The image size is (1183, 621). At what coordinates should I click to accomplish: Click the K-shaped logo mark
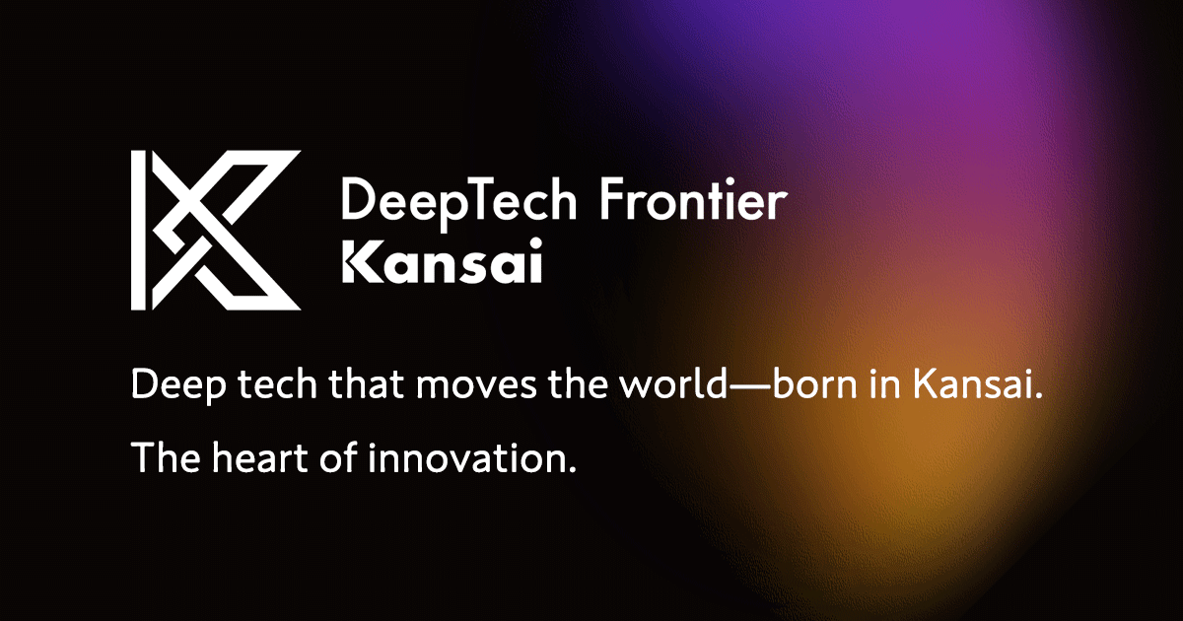pos(217,231)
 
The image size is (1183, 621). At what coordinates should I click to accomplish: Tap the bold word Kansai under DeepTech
pos(442,265)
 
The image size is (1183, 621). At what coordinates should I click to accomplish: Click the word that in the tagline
pos(365,387)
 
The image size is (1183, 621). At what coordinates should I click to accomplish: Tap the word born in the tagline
pos(814,387)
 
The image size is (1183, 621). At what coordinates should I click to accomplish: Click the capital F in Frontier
pos(611,202)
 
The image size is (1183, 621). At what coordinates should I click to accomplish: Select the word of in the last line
pos(338,458)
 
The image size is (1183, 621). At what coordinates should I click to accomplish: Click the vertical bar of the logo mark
pos(139,231)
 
